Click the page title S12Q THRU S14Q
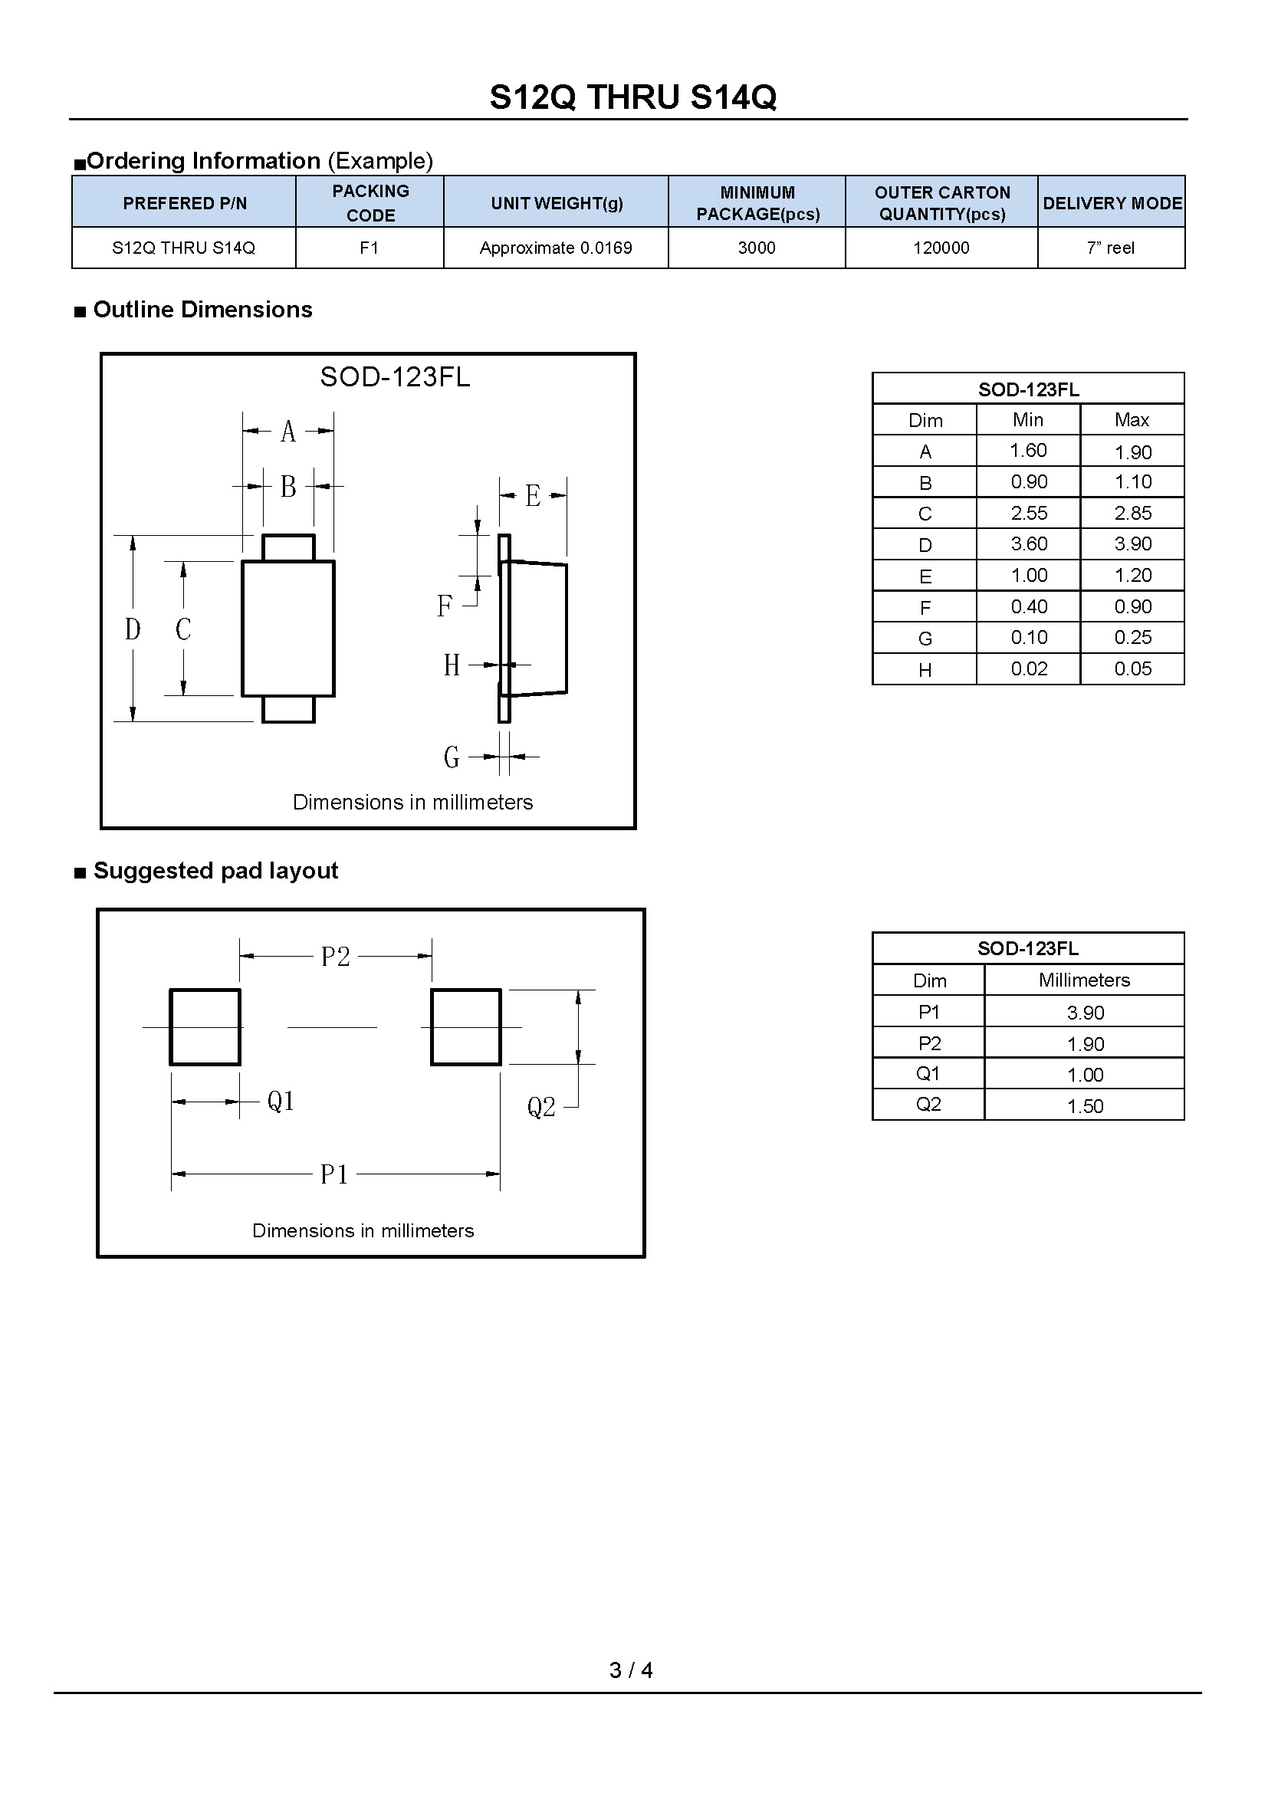click(x=632, y=97)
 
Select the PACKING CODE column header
click(x=370, y=202)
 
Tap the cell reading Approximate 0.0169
click(x=555, y=248)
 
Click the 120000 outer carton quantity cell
click(x=941, y=248)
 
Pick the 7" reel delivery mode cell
click(x=1110, y=248)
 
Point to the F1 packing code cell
click(x=370, y=248)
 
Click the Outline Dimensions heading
click(x=202, y=309)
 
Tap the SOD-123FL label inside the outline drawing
click(x=395, y=377)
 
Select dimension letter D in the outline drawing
click(x=133, y=629)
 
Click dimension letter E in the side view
click(x=533, y=496)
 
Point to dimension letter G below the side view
click(x=452, y=757)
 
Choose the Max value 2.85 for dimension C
click(x=1132, y=513)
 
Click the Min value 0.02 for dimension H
click(x=1028, y=668)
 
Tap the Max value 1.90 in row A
click(x=1132, y=452)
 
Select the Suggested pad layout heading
click(x=215, y=870)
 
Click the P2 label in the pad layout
click(x=336, y=956)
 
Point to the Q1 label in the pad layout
click(x=281, y=1101)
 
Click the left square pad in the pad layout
click(x=205, y=1027)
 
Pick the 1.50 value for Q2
click(x=1085, y=1106)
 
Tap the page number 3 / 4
click(x=631, y=1670)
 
